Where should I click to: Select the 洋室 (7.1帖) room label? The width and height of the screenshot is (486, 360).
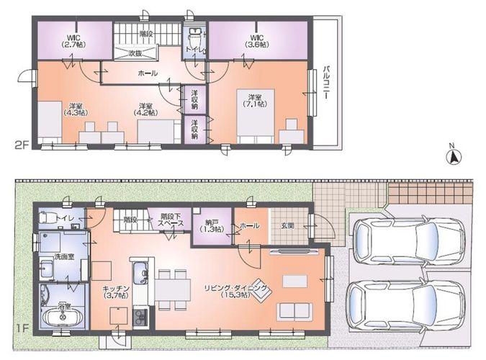[258, 101]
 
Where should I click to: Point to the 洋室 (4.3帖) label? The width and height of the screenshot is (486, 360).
[75, 109]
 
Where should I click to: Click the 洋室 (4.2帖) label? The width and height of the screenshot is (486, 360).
[149, 109]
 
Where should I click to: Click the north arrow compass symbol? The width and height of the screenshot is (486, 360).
[452, 157]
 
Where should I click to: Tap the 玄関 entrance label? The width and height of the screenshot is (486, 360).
[287, 225]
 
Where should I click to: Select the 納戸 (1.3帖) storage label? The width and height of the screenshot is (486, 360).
[212, 225]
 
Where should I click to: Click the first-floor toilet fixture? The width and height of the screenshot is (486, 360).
[48, 217]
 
